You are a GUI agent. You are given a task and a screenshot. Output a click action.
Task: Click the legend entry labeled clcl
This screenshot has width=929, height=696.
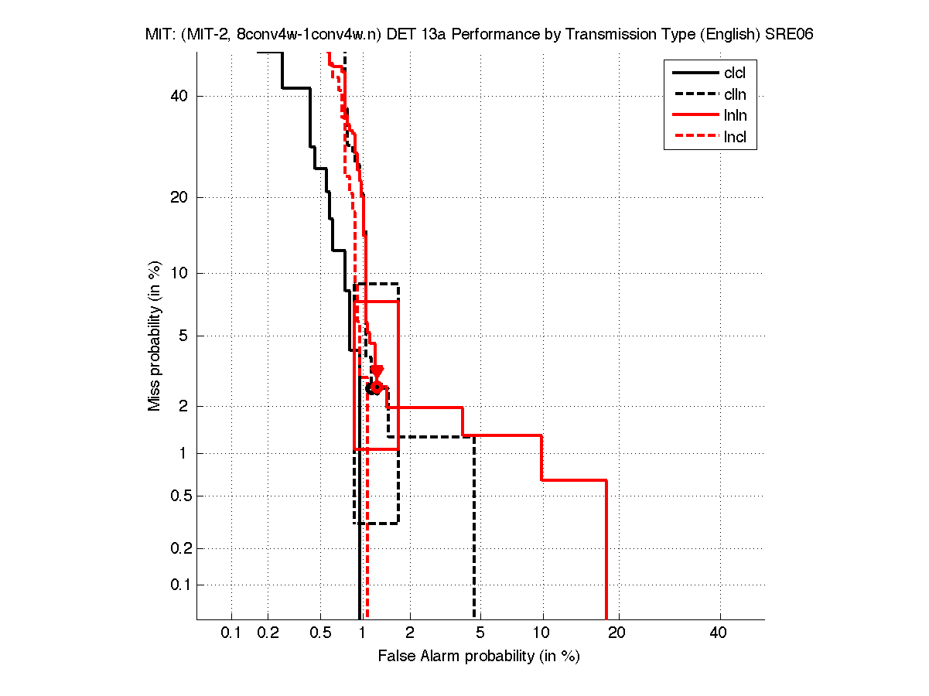pos(735,73)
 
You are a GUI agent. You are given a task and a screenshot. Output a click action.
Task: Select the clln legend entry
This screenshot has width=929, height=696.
pos(735,95)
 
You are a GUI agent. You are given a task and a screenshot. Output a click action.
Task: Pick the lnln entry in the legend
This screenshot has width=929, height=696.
pos(735,117)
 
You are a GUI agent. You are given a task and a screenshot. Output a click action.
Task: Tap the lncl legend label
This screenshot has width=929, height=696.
pos(735,138)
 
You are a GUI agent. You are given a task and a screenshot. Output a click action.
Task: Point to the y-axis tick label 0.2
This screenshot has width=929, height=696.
pos(180,548)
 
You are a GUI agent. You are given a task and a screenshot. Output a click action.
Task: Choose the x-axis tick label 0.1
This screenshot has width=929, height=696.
pos(231,633)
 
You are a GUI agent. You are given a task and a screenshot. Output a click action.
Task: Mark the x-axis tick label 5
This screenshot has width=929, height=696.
pos(480,633)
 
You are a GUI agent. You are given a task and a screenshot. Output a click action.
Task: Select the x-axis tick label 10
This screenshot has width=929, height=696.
pos(542,633)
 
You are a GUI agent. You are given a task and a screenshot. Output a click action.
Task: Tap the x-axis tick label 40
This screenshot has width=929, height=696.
pos(719,633)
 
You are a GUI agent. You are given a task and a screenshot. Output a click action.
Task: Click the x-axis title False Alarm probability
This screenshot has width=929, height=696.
pos(479,657)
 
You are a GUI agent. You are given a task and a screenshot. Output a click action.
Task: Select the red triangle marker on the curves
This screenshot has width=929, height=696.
pos(377,371)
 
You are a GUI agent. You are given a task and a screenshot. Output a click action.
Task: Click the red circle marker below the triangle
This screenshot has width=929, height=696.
pos(377,387)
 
